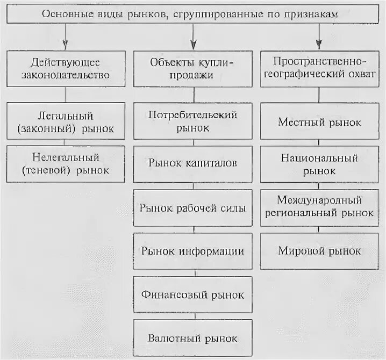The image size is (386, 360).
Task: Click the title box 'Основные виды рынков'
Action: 192,15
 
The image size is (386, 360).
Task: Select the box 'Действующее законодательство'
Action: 66,69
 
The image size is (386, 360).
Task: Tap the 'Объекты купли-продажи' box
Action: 193,69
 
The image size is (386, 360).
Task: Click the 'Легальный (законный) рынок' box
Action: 66,122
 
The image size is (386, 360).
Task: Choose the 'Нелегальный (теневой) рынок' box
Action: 66,164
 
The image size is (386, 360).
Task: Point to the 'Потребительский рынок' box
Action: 193,122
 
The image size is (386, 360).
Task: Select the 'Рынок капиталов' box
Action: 193,162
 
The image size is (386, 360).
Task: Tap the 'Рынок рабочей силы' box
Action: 193,207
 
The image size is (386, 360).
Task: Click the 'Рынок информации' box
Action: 193,251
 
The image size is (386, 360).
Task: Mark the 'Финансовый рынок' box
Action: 193,294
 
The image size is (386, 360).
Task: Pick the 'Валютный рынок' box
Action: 193,338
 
